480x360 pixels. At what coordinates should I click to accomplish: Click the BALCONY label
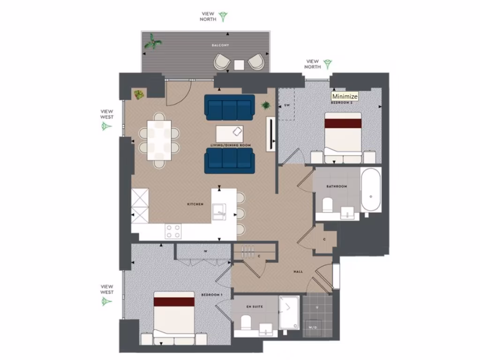(220, 45)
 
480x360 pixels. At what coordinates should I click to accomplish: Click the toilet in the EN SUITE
(246, 323)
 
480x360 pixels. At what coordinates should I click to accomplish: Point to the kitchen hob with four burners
(173, 231)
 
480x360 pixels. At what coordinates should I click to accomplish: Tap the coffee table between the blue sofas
(230, 134)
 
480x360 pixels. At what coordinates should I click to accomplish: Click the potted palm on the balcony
(153, 43)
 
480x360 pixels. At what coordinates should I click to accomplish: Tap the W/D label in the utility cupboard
(312, 327)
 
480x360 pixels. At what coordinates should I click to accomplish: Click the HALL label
(298, 271)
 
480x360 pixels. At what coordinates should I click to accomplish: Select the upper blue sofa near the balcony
(230, 107)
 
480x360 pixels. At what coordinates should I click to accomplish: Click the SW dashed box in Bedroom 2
(287, 105)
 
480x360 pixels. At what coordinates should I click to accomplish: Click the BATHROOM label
(337, 187)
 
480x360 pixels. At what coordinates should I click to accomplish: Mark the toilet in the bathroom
(327, 205)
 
